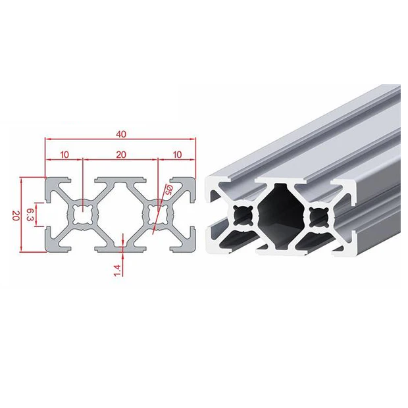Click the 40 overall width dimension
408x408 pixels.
point(121,134)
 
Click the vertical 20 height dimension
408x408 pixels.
point(14,215)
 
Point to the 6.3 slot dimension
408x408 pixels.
point(30,215)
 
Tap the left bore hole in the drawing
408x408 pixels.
point(83,215)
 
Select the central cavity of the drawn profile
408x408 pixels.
point(120,215)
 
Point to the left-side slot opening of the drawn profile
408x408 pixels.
point(49,215)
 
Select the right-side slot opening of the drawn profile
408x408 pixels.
point(193,215)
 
